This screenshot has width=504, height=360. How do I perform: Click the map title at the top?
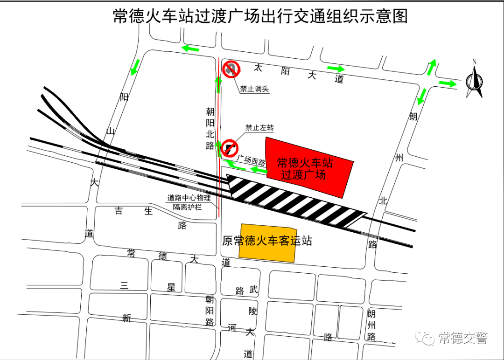coord(260,17)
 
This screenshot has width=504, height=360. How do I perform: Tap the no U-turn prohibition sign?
coord(231,69)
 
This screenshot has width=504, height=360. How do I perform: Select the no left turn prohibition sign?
coord(230,147)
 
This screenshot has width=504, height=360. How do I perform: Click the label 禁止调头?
coord(254,89)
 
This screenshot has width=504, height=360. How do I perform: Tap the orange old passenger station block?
coord(267,242)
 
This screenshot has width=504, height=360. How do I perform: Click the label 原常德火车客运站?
coord(267,241)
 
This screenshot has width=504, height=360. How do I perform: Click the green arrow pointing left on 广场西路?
coord(257,169)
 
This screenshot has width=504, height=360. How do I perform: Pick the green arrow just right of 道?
coord(336,69)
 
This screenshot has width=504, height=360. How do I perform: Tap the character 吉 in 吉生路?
coord(119,211)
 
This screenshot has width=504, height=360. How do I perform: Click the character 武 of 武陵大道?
coord(253,290)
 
